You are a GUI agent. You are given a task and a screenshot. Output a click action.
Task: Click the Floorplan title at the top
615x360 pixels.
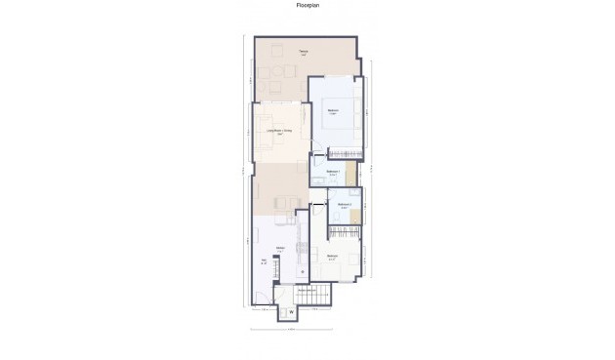(307, 5)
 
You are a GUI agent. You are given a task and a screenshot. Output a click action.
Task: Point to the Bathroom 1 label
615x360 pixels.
(333, 173)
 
